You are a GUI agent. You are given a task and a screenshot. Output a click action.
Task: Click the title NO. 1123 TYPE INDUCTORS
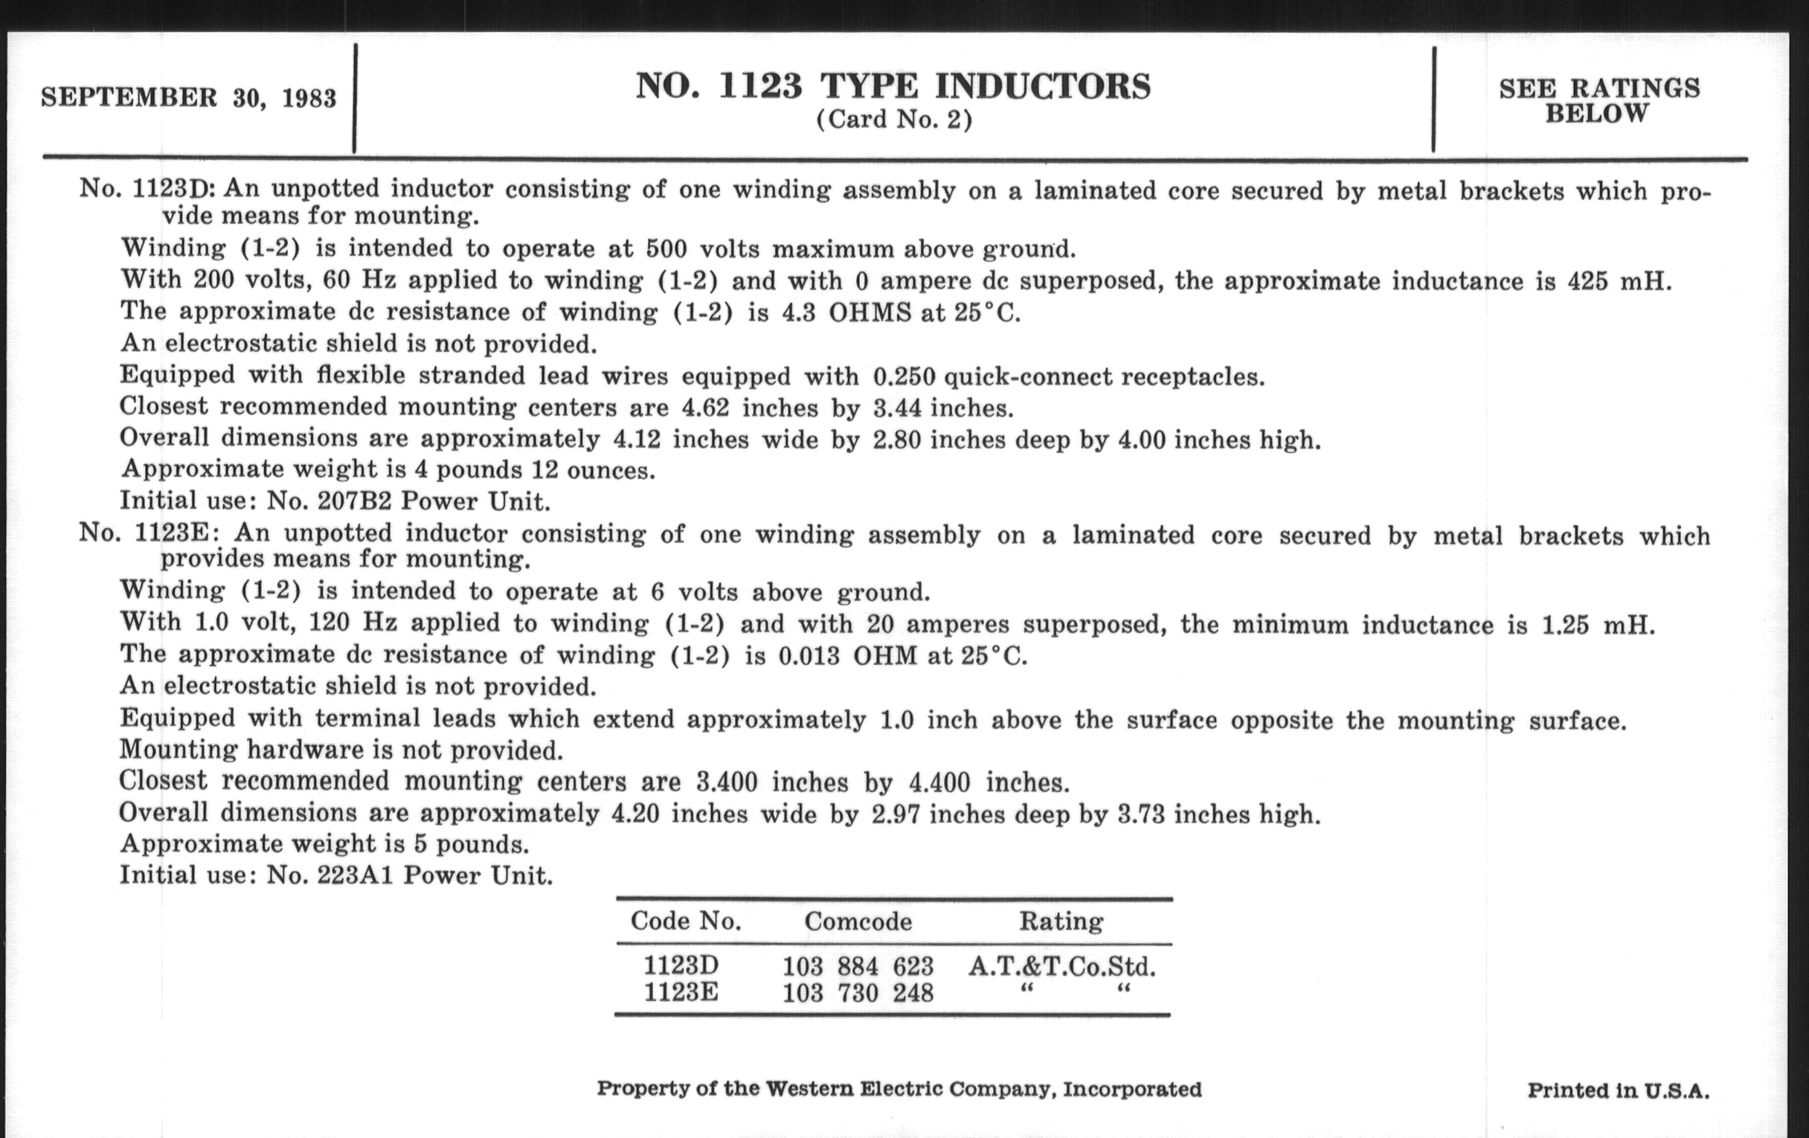(x=893, y=86)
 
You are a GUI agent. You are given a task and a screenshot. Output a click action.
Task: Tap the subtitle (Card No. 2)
(x=894, y=120)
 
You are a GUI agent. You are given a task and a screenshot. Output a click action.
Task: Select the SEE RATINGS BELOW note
(x=1599, y=100)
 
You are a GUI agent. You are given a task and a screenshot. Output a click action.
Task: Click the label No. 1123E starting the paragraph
(x=148, y=533)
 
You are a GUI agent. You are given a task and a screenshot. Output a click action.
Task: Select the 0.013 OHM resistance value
(x=847, y=656)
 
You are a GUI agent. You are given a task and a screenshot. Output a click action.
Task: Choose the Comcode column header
(x=858, y=922)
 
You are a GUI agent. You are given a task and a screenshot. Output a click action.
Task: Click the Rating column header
(x=1061, y=921)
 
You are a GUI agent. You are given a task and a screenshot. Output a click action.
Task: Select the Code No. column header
(x=686, y=921)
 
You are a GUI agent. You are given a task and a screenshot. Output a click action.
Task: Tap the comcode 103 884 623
(x=858, y=966)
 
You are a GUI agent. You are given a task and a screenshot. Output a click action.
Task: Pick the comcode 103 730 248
(x=858, y=994)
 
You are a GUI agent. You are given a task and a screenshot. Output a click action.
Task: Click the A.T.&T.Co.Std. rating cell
(x=1061, y=966)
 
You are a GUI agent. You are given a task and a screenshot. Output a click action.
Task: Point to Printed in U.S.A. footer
(x=1618, y=1090)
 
